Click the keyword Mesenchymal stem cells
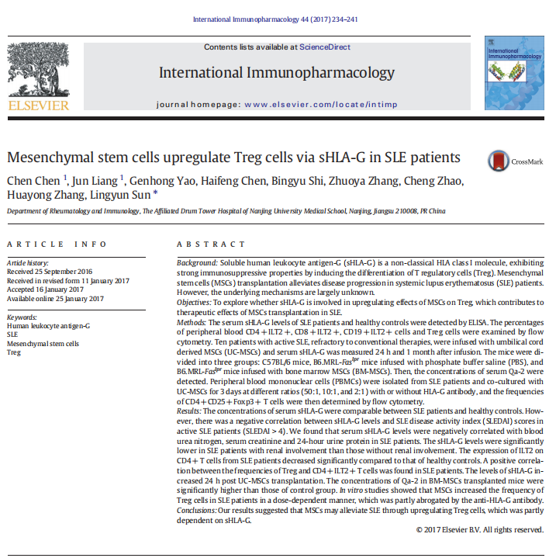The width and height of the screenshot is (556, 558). (x=43, y=342)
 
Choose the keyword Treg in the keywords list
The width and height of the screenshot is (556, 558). (x=13, y=352)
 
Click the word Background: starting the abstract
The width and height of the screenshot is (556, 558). (x=197, y=265)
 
